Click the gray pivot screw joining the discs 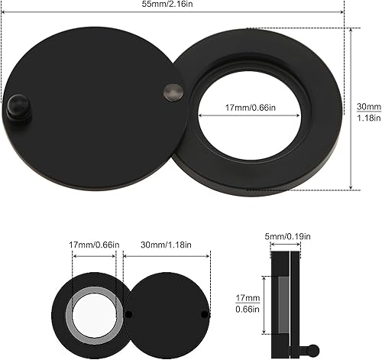point(173,93)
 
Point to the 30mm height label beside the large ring point(369,107)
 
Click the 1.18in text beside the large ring point(369,118)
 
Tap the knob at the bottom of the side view point(312,350)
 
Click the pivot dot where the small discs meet point(129,314)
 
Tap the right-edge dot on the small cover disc point(204,313)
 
